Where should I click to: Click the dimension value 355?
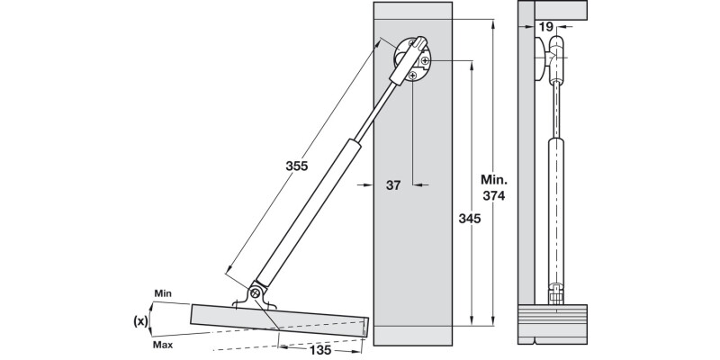298,166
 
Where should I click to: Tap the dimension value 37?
392,185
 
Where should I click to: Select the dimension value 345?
469,219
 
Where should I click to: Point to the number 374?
493,196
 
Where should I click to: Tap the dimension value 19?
546,28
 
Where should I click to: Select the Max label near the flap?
163,344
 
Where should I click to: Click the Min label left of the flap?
163,294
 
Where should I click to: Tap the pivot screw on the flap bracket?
256,292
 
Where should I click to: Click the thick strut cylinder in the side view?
558,207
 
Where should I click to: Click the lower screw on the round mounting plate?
412,76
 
